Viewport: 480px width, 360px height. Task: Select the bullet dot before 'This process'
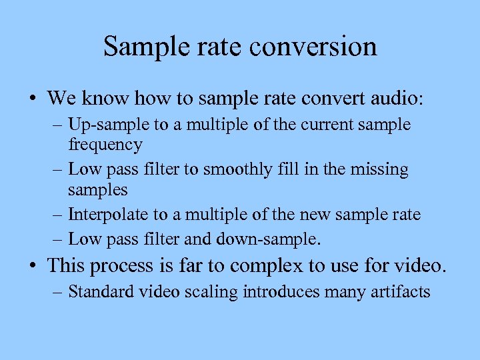[x=33, y=267]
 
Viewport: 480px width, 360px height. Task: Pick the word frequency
[x=105, y=144]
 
